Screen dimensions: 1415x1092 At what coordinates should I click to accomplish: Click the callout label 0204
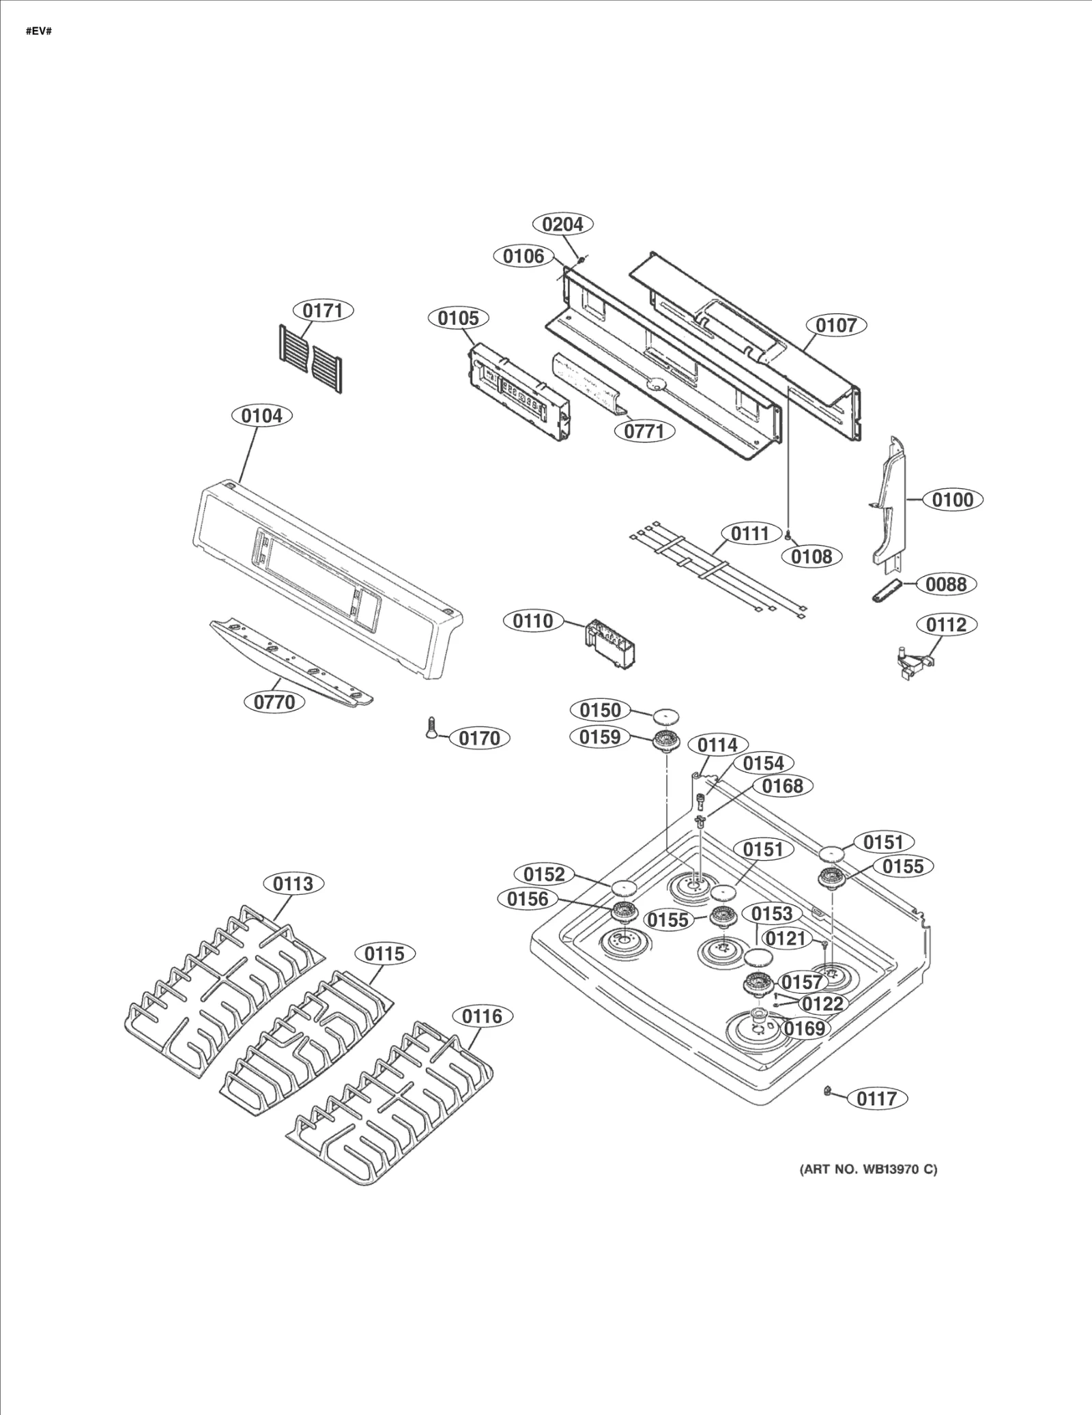(562, 224)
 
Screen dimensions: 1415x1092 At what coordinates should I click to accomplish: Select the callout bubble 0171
(323, 311)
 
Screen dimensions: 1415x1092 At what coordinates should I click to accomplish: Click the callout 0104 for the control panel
(262, 416)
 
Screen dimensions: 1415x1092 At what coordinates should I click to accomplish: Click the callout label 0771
(644, 431)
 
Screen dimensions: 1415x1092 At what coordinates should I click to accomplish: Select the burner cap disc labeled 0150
(666, 717)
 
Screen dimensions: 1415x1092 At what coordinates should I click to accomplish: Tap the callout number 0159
(600, 737)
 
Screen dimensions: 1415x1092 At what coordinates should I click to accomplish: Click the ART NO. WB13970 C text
(868, 1169)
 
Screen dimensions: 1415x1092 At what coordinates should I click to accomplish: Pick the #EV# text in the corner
(39, 32)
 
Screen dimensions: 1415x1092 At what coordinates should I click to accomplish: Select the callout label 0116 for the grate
(482, 1016)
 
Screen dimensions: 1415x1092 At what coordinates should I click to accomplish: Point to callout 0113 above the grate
(293, 884)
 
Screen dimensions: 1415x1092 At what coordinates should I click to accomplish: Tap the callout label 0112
(946, 625)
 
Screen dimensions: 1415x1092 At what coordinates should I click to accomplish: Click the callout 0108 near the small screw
(811, 556)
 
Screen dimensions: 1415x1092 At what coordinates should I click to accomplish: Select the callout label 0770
(274, 702)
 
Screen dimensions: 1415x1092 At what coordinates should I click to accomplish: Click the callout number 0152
(544, 874)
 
